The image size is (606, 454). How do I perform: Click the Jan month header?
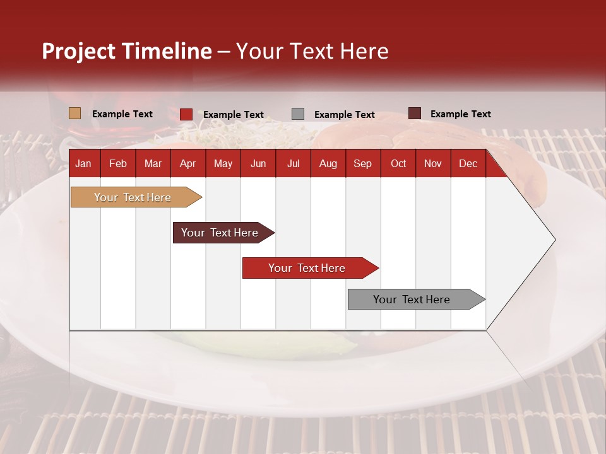tap(83, 163)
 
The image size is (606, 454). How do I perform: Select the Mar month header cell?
tap(153, 163)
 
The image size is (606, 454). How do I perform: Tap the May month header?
tap(223, 163)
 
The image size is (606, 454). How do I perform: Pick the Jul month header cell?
tap(293, 163)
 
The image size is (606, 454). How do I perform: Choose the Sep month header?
tap(362, 163)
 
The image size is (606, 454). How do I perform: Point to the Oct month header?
tap(398, 163)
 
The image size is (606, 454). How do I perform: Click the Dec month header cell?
tap(468, 163)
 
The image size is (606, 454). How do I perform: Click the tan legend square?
tap(75, 113)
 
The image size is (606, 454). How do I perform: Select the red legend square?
tap(186, 114)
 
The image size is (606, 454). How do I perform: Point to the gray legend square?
tap(298, 114)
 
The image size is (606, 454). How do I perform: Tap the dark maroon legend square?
tap(415, 113)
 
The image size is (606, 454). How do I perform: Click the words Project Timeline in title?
tap(126, 51)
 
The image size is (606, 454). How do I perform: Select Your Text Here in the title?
tap(312, 51)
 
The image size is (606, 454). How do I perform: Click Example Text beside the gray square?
tap(345, 115)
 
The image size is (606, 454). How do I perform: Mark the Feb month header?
tap(118, 163)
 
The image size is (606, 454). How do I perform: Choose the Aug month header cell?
tap(328, 163)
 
